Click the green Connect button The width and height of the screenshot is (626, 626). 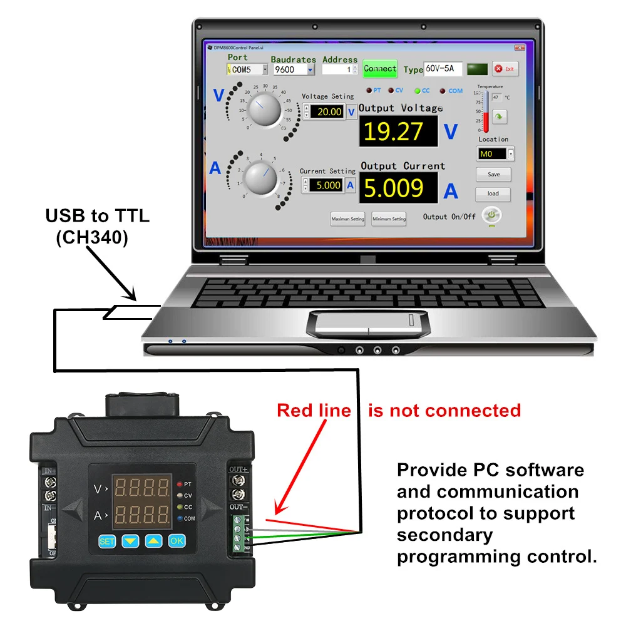[x=380, y=69]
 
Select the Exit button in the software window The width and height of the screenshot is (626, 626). [x=505, y=69]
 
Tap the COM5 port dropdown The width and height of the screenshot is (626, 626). [x=247, y=70]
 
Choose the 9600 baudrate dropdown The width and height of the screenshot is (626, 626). [x=293, y=70]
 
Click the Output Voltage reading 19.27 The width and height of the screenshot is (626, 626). [x=393, y=131]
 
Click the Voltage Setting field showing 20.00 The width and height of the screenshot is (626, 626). [x=329, y=112]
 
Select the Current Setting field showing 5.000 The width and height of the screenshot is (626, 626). [x=328, y=185]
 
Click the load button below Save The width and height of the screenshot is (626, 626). [x=493, y=193]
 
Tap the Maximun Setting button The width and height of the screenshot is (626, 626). [x=347, y=219]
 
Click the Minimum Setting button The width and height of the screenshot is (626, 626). [x=389, y=219]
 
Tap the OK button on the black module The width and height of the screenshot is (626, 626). [x=177, y=540]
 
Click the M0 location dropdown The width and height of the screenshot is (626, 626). [x=495, y=153]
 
